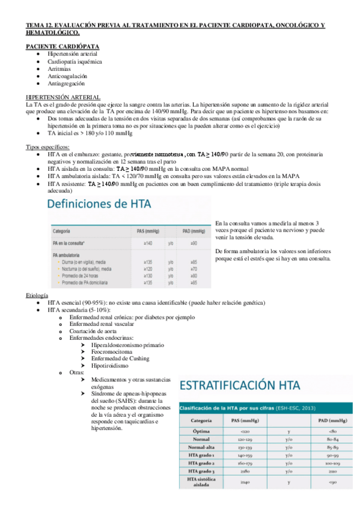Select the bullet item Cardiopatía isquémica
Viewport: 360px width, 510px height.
coord(75,61)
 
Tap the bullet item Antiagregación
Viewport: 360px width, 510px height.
coord(67,83)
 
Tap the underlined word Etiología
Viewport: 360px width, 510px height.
coord(37,296)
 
